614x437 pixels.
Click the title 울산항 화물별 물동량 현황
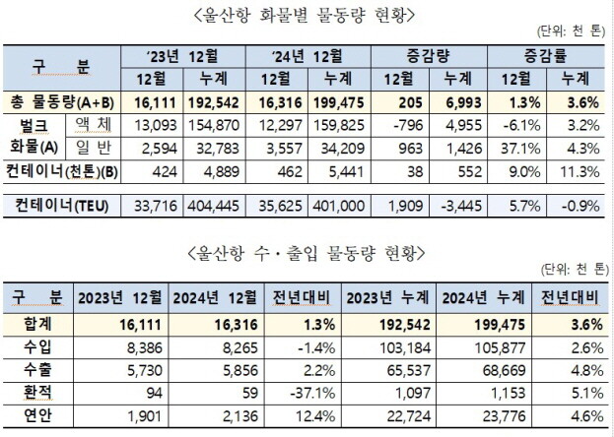coord(307,15)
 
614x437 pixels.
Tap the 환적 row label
coord(36,392)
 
